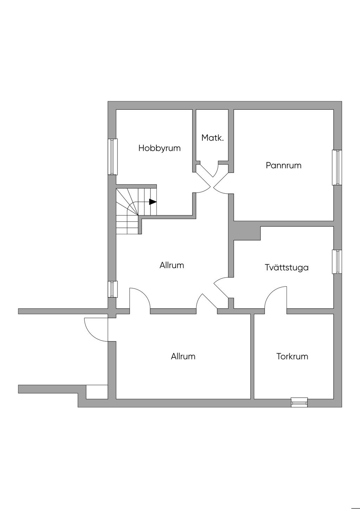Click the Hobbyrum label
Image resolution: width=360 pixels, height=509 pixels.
[x=159, y=148]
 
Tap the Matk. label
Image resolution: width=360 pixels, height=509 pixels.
[x=212, y=138]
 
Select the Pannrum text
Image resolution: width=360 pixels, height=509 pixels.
[x=283, y=165]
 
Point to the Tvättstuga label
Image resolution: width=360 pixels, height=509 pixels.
[x=287, y=268]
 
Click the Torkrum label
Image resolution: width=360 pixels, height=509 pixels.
[x=292, y=356]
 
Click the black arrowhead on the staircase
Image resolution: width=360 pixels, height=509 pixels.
[x=153, y=202]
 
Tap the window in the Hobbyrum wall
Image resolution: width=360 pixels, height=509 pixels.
[x=112, y=157]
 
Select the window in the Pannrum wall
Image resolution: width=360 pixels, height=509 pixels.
[x=337, y=167]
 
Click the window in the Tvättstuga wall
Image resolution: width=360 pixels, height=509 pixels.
[x=337, y=262]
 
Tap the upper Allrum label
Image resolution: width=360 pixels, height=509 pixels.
[x=172, y=265]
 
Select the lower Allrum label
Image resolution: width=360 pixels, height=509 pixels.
[x=183, y=356]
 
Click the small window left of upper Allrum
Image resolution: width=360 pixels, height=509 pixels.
[x=112, y=289]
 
